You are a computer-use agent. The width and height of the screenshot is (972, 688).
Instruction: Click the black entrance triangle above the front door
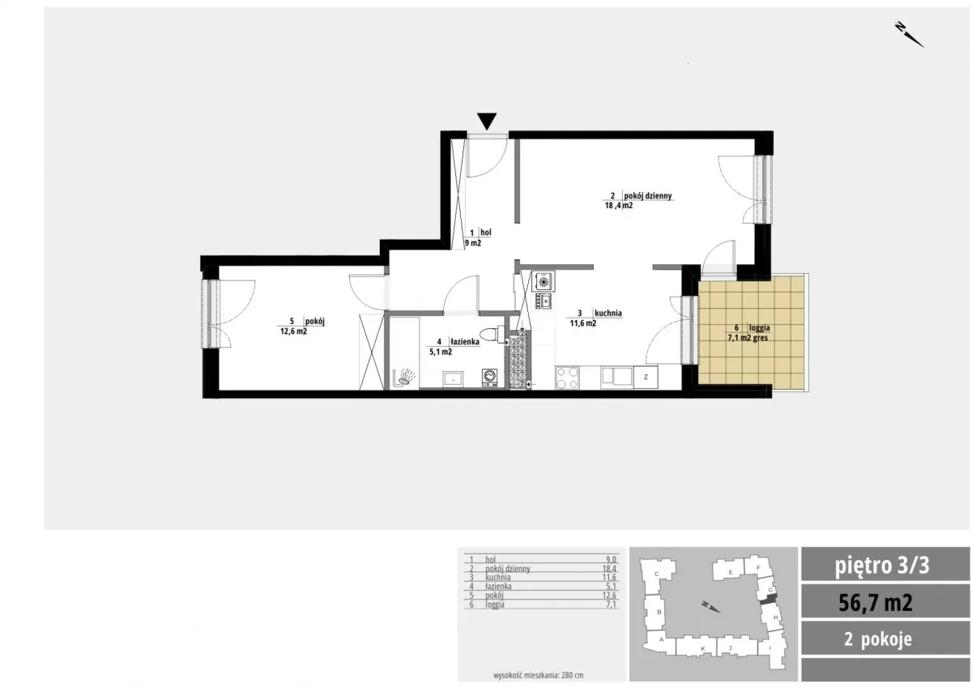(x=487, y=121)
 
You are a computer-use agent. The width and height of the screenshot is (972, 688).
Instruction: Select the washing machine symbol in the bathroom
(x=489, y=377)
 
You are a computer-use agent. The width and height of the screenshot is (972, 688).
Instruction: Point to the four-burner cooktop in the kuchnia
(x=567, y=378)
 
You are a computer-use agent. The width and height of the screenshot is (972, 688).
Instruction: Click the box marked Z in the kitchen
(x=646, y=377)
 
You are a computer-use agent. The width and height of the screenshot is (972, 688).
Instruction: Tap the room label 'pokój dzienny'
(x=648, y=196)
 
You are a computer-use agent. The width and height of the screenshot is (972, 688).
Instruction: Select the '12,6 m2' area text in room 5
(x=294, y=331)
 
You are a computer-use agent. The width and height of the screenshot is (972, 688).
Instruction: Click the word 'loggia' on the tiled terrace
(x=759, y=328)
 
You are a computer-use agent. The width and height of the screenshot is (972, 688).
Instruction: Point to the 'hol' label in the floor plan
(x=485, y=233)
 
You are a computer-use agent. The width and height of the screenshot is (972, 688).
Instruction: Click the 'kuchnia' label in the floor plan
(x=608, y=313)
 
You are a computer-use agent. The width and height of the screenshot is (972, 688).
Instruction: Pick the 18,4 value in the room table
(x=609, y=569)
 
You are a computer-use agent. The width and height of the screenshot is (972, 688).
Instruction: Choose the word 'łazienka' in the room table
(x=498, y=587)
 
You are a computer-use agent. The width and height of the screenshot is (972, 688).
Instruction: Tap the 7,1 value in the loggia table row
(x=611, y=605)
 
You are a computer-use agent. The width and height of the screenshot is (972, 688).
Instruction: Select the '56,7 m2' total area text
(x=876, y=602)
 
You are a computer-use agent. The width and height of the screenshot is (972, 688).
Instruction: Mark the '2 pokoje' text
(x=878, y=639)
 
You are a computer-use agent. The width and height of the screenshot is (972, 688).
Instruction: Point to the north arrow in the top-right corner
(x=909, y=34)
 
